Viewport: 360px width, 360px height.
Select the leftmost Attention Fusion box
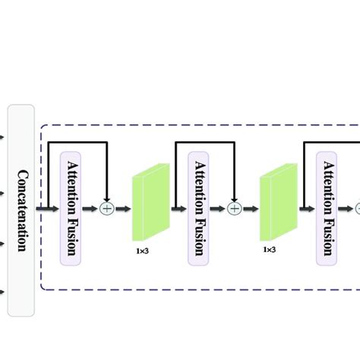click(x=71, y=207)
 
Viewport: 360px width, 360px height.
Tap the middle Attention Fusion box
click(x=200, y=207)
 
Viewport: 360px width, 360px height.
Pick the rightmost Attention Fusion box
click(x=327, y=207)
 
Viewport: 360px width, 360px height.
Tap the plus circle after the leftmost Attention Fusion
click(x=107, y=207)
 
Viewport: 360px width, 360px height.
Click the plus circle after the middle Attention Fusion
click(x=235, y=207)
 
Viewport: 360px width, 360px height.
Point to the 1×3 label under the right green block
click(x=269, y=248)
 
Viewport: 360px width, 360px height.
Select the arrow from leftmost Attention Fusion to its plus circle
click(x=92, y=207)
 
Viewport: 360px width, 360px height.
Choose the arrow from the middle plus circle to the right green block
click(x=250, y=207)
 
